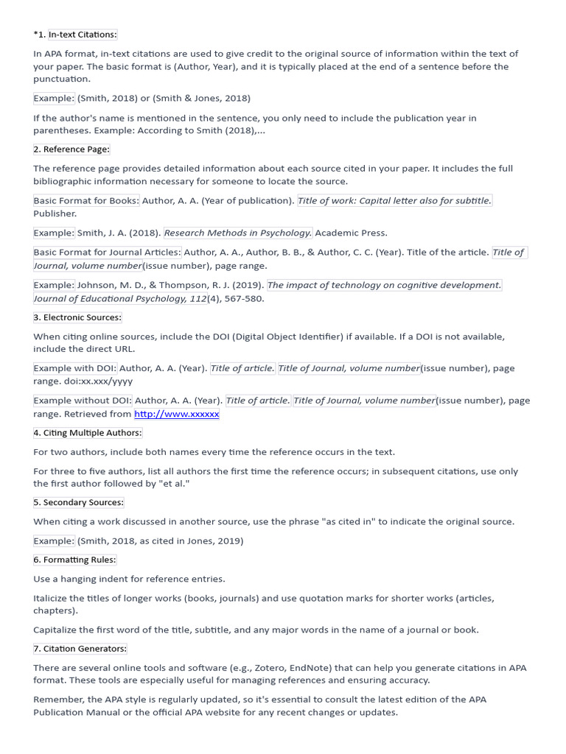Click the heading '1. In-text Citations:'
(83, 35)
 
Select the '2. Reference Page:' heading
(71, 149)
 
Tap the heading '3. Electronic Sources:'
(77, 317)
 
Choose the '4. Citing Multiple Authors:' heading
(88, 433)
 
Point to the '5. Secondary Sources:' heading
(79, 502)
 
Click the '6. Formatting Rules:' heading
(74, 560)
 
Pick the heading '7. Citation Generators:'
(80, 649)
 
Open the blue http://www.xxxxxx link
(176, 415)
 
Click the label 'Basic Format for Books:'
(86, 200)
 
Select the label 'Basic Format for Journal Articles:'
(108, 253)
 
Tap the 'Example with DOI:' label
(75, 368)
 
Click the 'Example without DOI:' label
(83, 401)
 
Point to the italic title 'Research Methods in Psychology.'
(238, 233)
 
